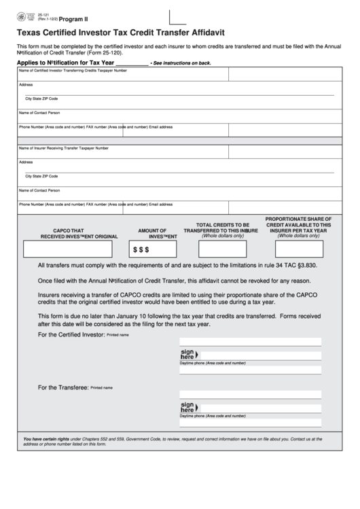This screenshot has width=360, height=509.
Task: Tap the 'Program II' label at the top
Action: [x=73, y=20]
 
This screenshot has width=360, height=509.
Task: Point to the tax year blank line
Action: [x=127, y=63]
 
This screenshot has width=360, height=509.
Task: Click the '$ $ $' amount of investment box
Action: [x=158, y=249]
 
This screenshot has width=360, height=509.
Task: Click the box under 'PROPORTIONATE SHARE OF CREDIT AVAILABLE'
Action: [x=298, y=249]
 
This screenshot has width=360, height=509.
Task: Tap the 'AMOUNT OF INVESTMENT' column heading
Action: [x=158, y=233]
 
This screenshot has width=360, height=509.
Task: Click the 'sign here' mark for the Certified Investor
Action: [x=187, y=355]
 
